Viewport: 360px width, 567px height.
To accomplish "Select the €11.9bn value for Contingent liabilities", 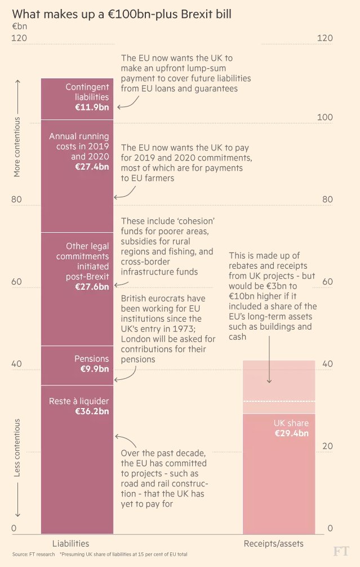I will [x=92, y=107].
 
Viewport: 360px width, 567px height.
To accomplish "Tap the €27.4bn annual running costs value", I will [x=92, y=167].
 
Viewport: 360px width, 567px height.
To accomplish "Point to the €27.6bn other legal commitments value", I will [x=92, y=286].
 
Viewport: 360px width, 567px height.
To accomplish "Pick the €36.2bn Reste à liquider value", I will [x=92, y=411].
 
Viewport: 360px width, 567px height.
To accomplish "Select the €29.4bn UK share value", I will [x=291, y=433].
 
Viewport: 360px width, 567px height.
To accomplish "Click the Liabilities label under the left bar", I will [x=71, y=543].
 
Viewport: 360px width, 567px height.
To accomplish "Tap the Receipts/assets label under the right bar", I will [x=273, y=543].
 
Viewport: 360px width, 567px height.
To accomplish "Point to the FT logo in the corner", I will [x=340, y=551].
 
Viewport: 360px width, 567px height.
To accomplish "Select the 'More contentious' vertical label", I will [x=17, y=147].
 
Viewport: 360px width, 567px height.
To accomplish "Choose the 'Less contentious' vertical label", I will [x=17, y=448].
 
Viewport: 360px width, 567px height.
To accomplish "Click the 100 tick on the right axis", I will [x=325, y=117].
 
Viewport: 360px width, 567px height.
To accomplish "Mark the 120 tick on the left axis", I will [x=19, y=38].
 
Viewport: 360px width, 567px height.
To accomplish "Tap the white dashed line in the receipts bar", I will [x=279, y=401].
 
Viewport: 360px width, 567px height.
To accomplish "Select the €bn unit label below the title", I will [x=19, y=26].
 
